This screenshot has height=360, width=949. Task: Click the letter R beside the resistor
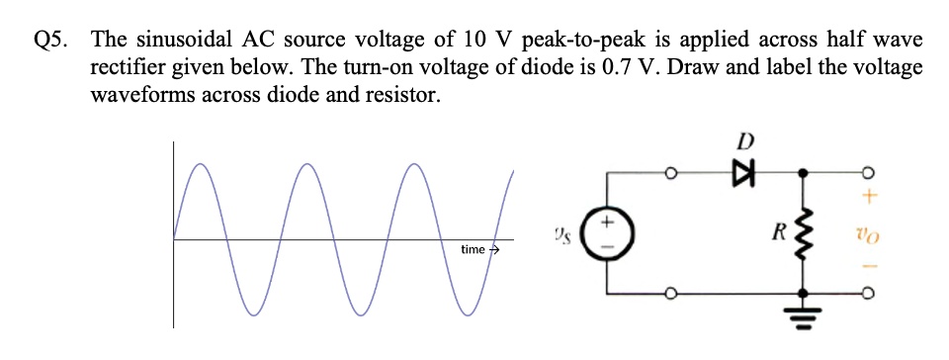point(778,235)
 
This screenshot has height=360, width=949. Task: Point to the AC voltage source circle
point(605,236)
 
